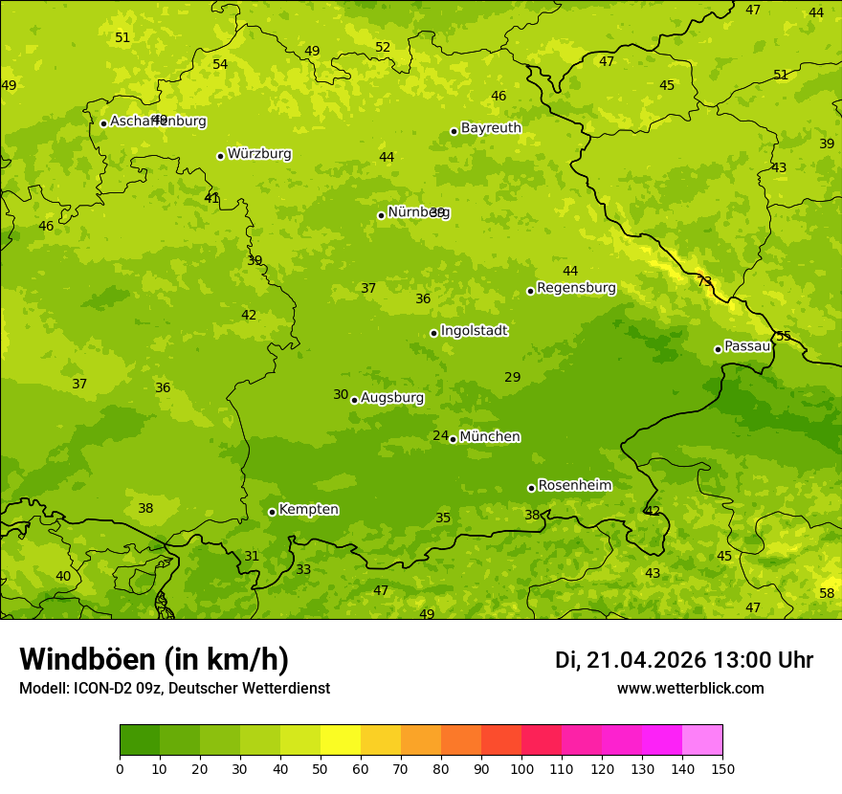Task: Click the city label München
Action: [490, 437]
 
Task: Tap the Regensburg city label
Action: [576, 288]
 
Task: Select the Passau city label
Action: [747, 346]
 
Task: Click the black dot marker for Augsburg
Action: [354, 400]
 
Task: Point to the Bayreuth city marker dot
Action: [454, 131]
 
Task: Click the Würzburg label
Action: [259, 154]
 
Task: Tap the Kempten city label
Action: [308, 509]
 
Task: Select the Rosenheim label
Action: [574, 485]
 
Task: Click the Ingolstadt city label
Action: [474, 331]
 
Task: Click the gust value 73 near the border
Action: [704, 281]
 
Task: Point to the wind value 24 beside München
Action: [440, 435]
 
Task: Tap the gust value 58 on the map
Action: [827, 593]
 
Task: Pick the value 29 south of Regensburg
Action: [513, 377]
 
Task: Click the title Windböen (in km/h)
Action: [154, 659]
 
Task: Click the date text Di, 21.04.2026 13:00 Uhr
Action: [684, 660]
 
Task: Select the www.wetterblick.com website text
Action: [690, 689]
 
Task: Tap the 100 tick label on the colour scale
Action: [521, 768]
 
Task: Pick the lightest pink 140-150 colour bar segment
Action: [702, 740]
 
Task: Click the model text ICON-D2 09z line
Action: [174, 689]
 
